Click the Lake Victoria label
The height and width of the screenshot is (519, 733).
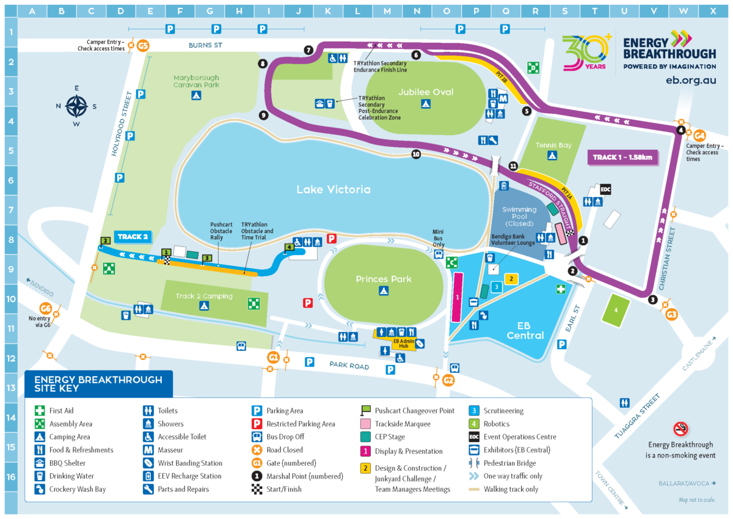(x=333, y=190)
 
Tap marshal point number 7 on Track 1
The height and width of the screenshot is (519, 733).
(x=308, y=50)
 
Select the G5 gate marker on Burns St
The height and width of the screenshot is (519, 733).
(x=143, y=46)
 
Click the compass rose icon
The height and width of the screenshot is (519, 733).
(x=76, y=107)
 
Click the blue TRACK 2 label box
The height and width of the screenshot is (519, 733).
(x=133, y=237)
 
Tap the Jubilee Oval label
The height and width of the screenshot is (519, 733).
(x=426, y=92)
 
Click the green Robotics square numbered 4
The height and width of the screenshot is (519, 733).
(x=616, y=310)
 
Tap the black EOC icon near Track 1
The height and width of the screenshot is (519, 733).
(x=605, y=190)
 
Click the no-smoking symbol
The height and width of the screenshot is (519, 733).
(x=680, y=428)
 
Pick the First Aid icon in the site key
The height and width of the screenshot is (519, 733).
(x=40, y=411)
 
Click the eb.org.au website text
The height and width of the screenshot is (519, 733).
(x=690, y=80)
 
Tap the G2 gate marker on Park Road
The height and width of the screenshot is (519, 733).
(x=449, y=380)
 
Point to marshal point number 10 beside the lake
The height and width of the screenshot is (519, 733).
(x=416, y=155)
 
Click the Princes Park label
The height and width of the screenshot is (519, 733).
(x=384, y=279)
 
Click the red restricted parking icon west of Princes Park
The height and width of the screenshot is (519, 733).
(x=308, y=303)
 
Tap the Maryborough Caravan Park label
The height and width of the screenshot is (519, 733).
(x=195, y=82)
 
